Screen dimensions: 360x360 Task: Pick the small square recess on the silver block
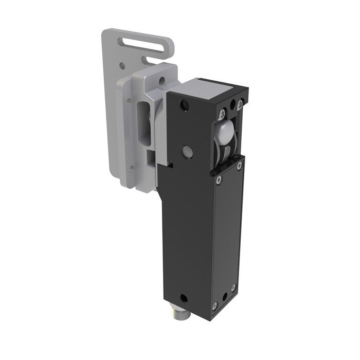click(x=150, y=154)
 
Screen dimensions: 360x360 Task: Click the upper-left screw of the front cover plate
click(x=219, y=179)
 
